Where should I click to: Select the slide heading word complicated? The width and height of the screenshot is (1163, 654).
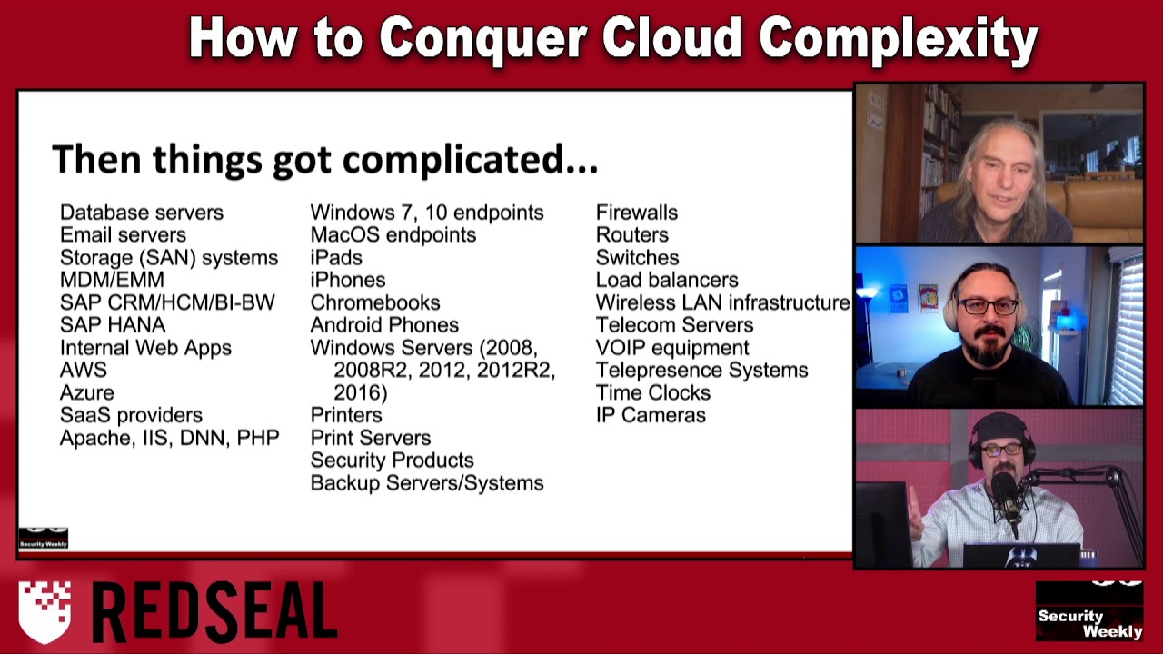(470, 159)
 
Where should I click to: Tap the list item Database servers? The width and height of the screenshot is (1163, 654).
(141, 213)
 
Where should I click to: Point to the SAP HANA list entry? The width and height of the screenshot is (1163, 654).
(113, 325)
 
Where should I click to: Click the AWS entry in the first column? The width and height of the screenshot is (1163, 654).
(84, 370)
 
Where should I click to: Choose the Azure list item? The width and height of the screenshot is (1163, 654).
(87, 392)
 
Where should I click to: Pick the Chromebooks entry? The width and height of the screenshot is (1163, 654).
(375, 302)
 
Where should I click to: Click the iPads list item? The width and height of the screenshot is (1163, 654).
(336, 258)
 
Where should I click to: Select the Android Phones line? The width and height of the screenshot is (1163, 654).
(384, 325)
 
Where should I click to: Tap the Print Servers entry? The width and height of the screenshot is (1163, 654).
(371, 438)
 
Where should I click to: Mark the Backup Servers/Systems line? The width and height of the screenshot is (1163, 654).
(427, 483)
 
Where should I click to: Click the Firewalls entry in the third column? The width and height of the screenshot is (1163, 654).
(637, 213)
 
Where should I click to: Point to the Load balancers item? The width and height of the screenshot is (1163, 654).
(667, 280)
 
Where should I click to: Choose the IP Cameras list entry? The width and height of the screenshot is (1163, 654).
(651, 415)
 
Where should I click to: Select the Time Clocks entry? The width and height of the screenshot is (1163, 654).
(653, 392)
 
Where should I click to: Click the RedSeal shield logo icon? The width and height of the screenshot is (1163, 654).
(45, 611)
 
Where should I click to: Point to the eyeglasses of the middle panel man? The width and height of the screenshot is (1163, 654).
(989, 307)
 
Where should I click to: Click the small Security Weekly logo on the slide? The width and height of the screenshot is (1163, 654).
(43, 538)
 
